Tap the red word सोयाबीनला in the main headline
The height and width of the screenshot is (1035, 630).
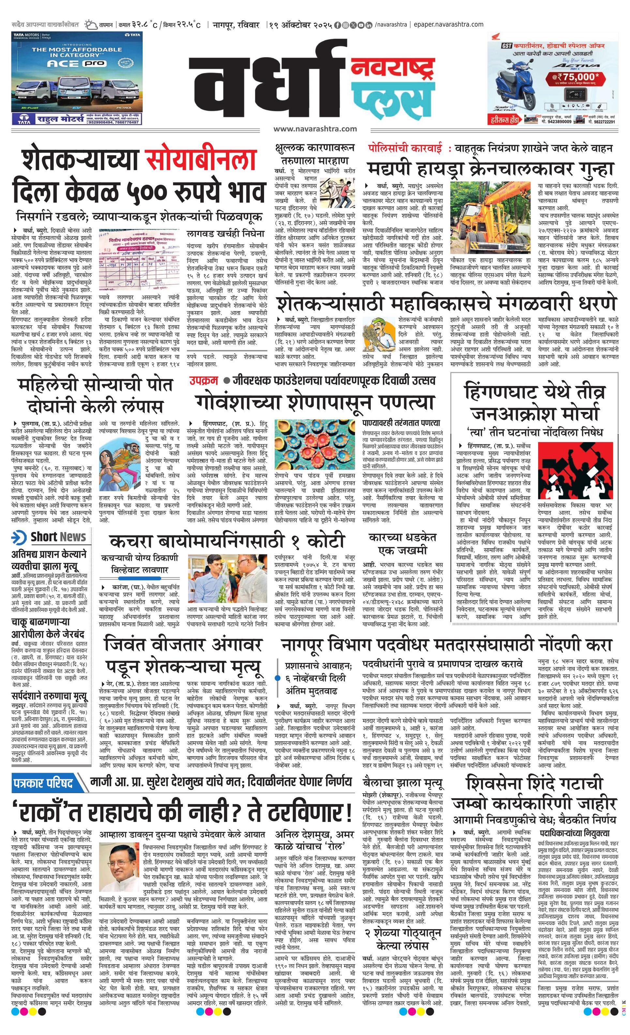(x=201, y=159)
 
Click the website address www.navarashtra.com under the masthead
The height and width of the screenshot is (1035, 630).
(x=315, y=129)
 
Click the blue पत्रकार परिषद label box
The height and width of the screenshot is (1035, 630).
(x=43, y=783)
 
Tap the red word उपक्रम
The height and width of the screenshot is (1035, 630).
(x=203, y=381)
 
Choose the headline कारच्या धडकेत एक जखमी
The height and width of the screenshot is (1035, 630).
(x=402, y=543)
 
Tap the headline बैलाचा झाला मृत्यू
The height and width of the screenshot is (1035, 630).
(x=402, y=783)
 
